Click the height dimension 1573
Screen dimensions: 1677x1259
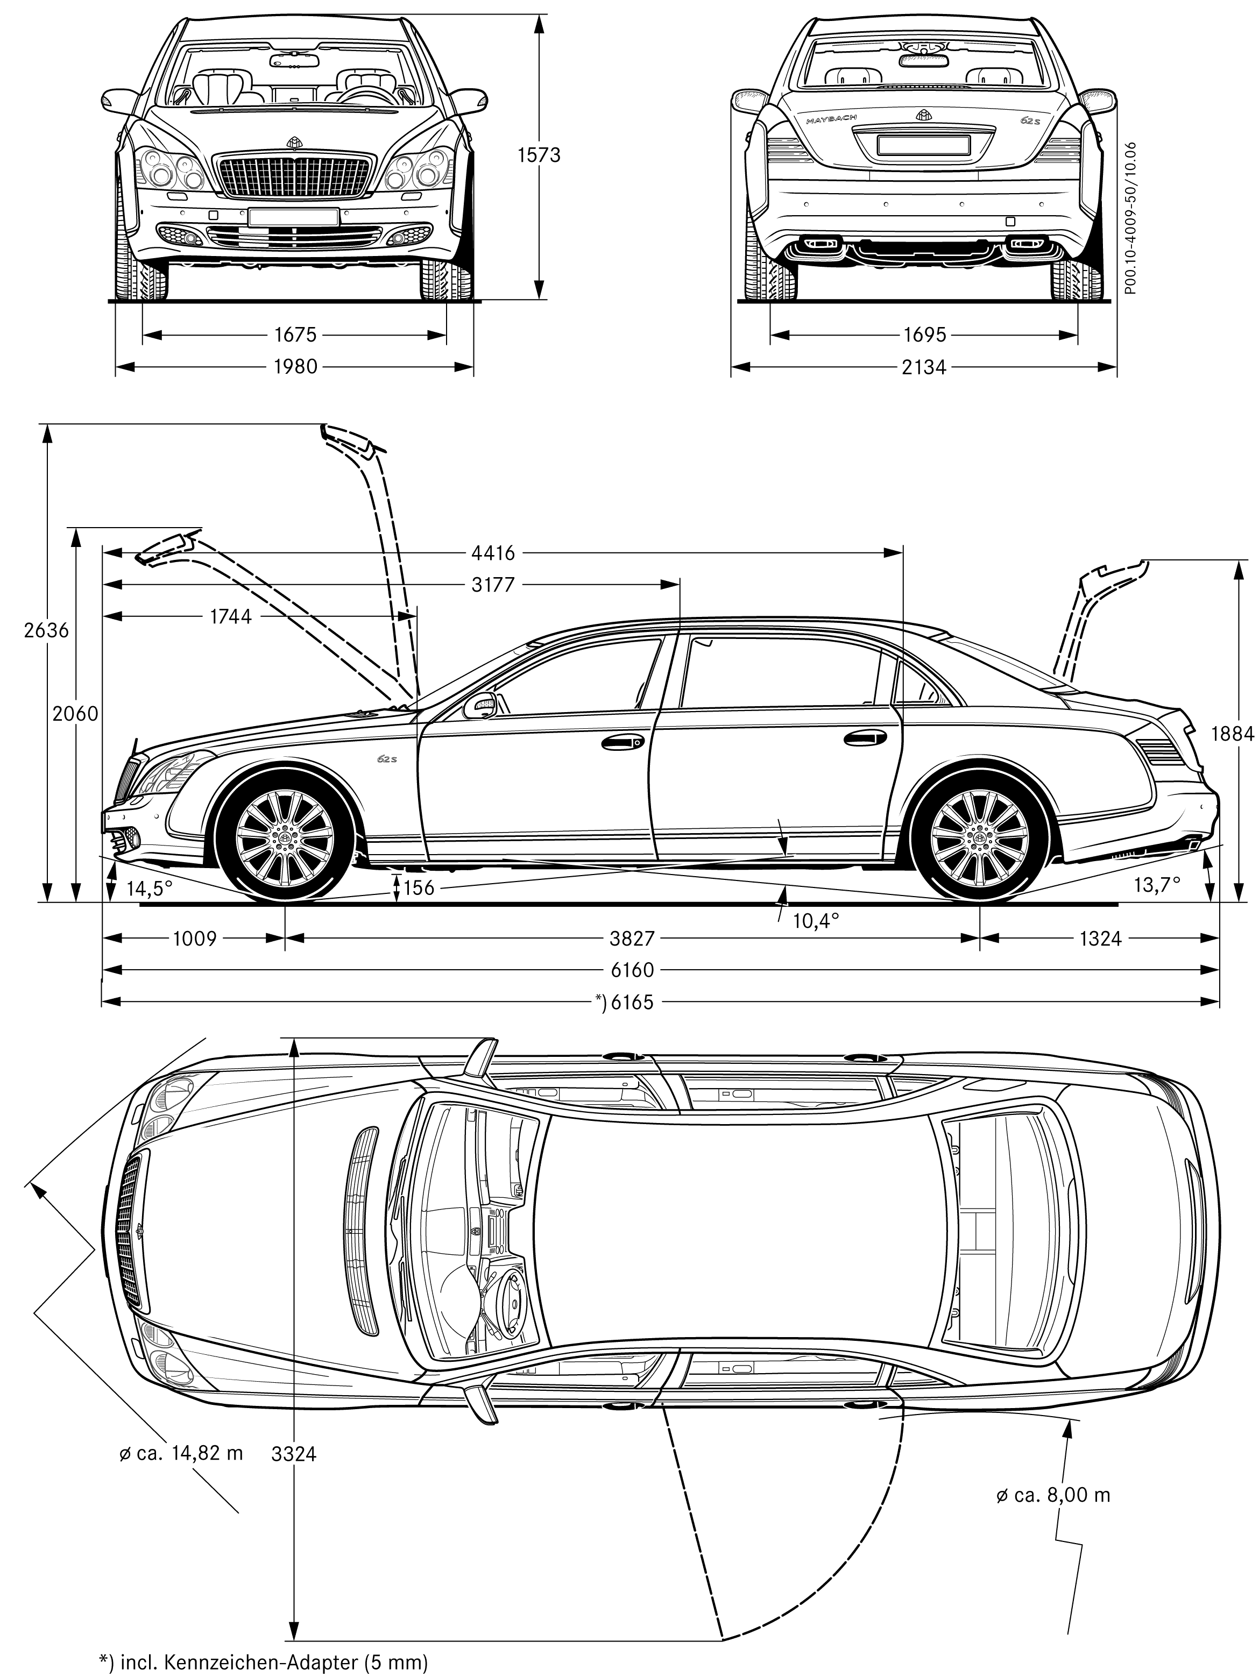539,155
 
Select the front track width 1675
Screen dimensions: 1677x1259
295,335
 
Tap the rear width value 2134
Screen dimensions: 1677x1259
924,368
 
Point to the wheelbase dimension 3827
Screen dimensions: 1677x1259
632,939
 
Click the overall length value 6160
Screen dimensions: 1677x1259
632,970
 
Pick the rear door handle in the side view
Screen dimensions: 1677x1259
865,738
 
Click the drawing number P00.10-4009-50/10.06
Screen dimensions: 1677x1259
1131,218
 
